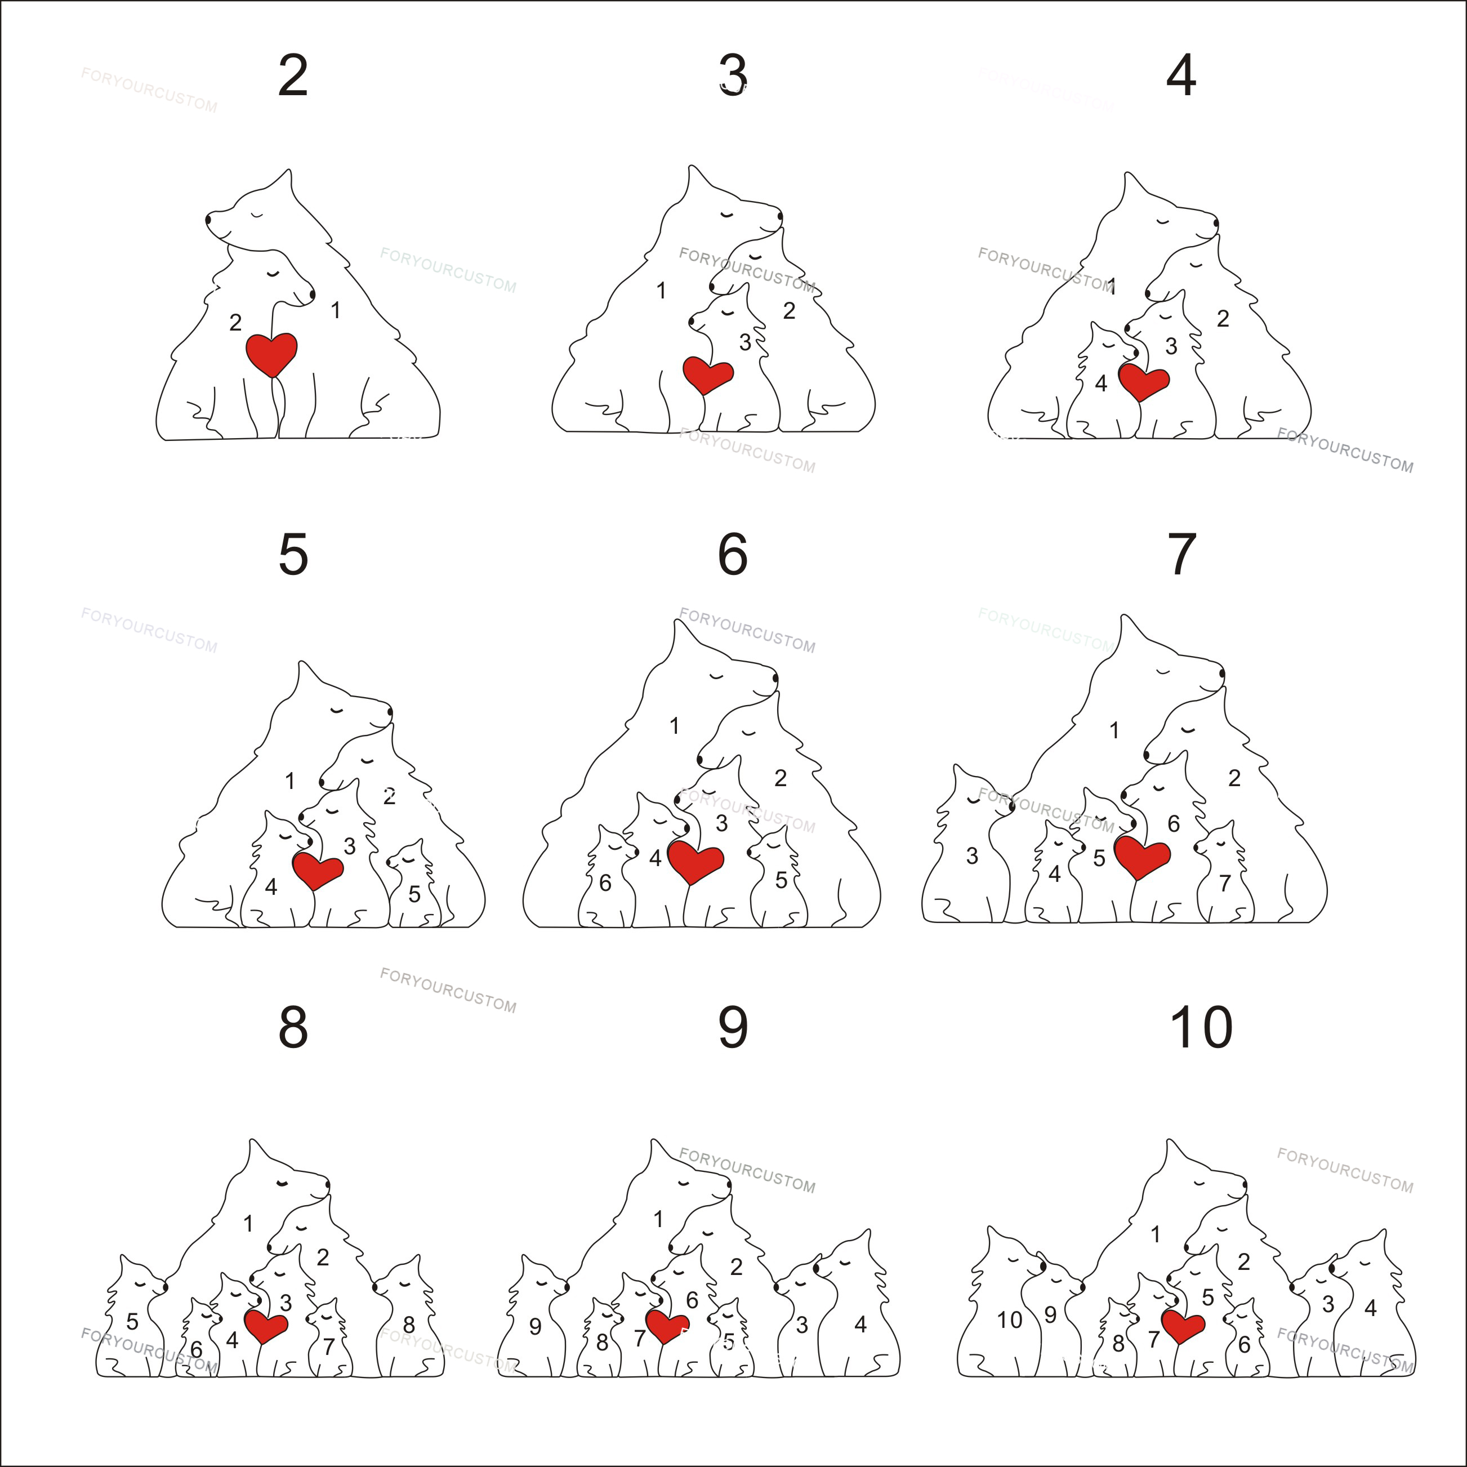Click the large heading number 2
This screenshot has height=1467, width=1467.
293,76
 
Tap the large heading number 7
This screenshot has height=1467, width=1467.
1181,555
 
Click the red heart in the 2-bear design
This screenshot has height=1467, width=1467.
271,353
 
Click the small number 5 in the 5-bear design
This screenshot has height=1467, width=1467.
414,894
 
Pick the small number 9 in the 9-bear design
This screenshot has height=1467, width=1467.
536,1327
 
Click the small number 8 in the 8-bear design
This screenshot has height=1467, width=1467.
408,1325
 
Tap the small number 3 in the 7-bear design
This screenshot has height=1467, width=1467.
972,857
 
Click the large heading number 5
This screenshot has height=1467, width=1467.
293,555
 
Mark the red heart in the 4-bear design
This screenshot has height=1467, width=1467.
1143,381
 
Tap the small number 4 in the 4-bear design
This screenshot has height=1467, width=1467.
1101,384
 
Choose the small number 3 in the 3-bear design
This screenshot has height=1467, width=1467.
745,343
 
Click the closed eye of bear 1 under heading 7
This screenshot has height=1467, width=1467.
1162,671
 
